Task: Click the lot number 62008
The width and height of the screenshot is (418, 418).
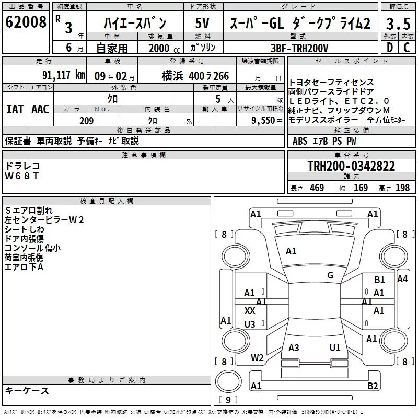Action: [x=26, y=22]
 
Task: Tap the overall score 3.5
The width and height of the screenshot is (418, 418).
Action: [x=398, y=24]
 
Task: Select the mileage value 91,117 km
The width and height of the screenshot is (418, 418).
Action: [x=63, y=75]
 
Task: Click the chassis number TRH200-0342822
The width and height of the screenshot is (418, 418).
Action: [x=351, y=166]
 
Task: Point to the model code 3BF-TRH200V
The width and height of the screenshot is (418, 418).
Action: [x=299, y=48]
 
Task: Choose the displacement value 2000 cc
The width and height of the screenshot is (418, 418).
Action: [x=164, y=49]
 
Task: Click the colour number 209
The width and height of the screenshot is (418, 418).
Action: [x=87, y=121]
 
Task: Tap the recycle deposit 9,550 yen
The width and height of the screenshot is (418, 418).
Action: [x=267, y=121]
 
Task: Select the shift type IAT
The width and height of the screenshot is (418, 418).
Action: [x=15, y=109]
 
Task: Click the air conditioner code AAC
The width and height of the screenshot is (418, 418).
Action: [x=40, y=109]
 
